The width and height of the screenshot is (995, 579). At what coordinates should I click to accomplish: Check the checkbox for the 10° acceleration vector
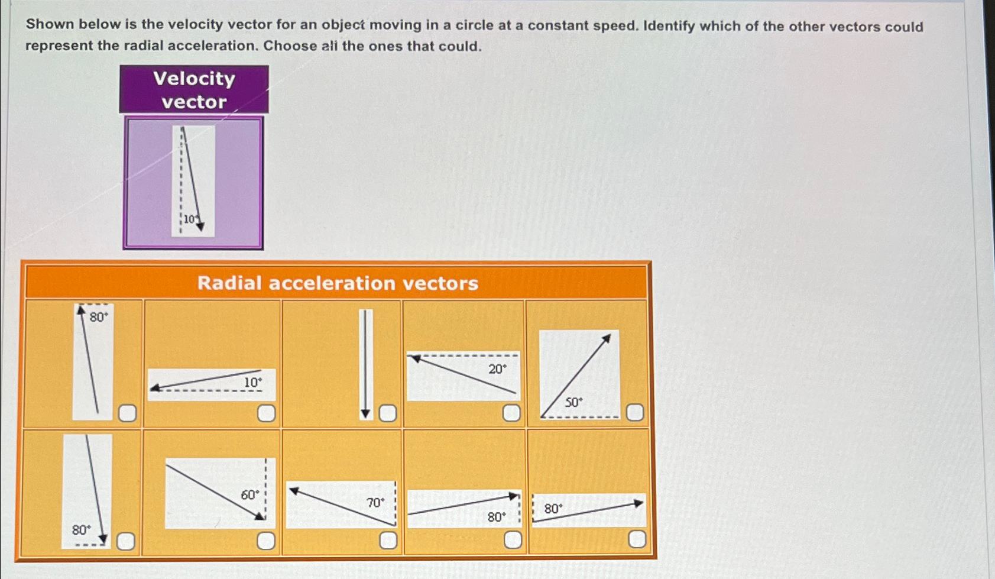point(266,413)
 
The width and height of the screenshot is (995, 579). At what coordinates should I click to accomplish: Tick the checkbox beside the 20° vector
point(511,413)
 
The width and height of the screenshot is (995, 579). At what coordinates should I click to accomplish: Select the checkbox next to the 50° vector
point(634,412)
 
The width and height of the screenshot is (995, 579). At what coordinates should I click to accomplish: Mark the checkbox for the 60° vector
point(266,540)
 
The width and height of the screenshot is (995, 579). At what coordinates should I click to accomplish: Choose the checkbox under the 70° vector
point(388,539)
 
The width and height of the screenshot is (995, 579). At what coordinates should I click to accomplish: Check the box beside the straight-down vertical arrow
point(387,413)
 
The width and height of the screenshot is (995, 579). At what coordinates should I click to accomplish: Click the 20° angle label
point(497,370)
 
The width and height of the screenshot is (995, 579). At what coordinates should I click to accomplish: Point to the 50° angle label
point(573,403)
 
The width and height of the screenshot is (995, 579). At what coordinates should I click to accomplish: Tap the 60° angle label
point(250,495)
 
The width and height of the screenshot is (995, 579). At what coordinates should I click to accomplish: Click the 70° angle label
point(375,503)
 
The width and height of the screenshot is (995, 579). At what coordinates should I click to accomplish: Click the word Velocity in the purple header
point(194,79)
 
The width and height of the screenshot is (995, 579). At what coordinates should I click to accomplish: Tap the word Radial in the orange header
point(229,283)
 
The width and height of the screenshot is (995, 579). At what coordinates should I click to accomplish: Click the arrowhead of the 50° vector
point(606,338)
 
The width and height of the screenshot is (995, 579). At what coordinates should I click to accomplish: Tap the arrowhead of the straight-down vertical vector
point(365,413)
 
